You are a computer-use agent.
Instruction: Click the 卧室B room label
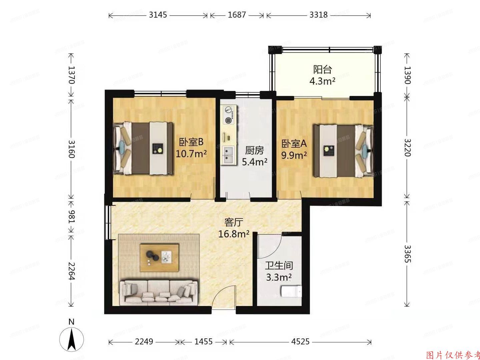tap(191, 142)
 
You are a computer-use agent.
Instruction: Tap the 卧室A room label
tap(294, 144)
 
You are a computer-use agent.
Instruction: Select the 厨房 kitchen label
tap(254, 151)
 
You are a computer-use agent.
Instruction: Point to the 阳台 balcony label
tap(322, 69)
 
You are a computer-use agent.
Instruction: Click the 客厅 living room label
tap(233, 222)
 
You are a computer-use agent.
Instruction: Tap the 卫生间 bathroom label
tap(279, 266)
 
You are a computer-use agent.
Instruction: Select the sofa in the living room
tap(158, 292)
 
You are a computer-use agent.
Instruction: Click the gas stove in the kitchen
tap(228, 115)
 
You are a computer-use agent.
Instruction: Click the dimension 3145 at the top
tap(158, 15)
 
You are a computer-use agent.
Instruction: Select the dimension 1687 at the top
tap(237, 15)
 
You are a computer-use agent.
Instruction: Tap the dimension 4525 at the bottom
tap(300, 342)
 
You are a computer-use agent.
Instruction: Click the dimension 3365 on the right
tap(407, 254)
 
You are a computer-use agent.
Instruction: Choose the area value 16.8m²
tap(234, 234)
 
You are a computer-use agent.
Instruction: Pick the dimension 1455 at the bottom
tap(203, 342)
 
